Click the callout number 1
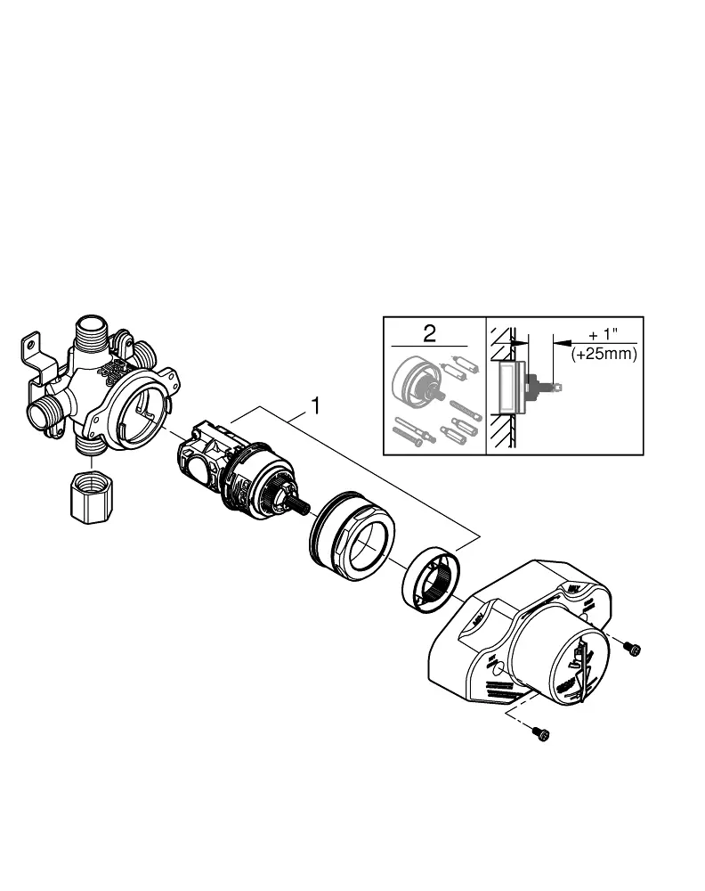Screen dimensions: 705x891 (315, 406)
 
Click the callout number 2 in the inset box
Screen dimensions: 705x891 (429, 333)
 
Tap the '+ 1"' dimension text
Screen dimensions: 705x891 (603, 335)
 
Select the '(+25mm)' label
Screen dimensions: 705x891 (604, 354)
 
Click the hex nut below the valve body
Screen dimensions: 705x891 (92, 496)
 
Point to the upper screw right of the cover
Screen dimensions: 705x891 (632, 648)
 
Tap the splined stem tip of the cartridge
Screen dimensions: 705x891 (299, 504)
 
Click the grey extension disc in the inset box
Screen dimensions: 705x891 (417, 381)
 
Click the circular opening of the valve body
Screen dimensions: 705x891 (139, 405)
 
